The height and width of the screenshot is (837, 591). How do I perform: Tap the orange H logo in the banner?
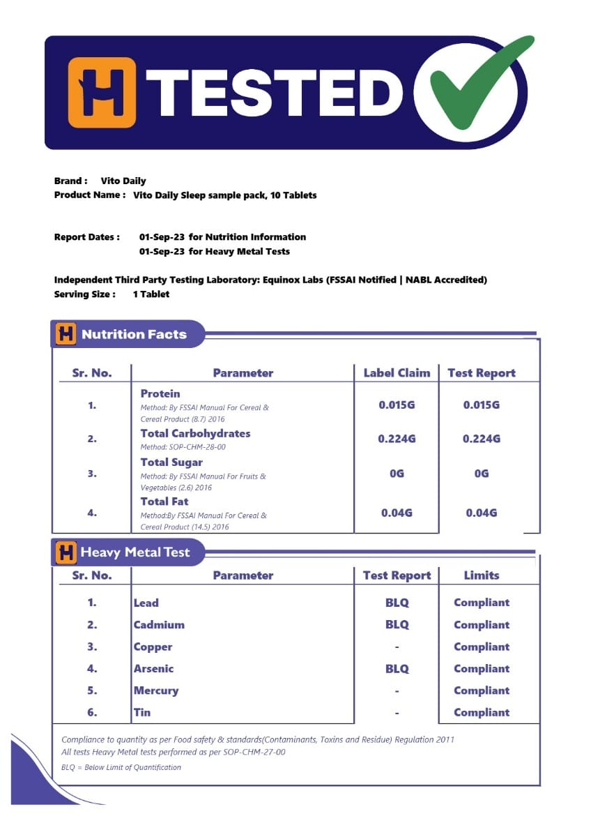click(x=102, y=92)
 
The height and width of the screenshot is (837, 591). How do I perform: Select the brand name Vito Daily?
click(x=123, y=181)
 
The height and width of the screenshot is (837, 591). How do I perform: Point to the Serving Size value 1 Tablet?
click(x=151, y=294)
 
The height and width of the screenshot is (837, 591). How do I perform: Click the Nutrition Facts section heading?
click(x=134, y=334)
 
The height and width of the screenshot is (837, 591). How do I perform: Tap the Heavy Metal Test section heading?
click(x=135, y=552)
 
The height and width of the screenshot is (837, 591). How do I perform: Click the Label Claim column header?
click(x=397, y=372)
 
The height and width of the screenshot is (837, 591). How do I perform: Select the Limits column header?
click(x=482, y=575)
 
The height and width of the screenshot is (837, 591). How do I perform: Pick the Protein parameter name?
click(x=160, y=393)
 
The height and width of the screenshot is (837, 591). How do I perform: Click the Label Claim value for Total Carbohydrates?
click(x=397, y=439)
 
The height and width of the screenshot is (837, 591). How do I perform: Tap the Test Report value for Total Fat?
click(x=482, y=513)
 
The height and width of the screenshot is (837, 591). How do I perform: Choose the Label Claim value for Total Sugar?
click(x=397, y=473)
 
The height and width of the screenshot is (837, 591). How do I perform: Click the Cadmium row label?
click(x=159, y=625)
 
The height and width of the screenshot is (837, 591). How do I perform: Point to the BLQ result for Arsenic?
click(x=397, y=668)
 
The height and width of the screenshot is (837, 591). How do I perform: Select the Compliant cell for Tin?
click(x=482, y=712)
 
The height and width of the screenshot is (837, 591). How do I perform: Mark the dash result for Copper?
click(x=397, y=647)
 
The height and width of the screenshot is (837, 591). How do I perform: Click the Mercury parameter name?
click(x=156, y=691)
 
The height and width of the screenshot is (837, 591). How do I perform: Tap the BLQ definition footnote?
click(x=121, y=767)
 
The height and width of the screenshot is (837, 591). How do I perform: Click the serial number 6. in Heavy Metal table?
click(x=92, y=712)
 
